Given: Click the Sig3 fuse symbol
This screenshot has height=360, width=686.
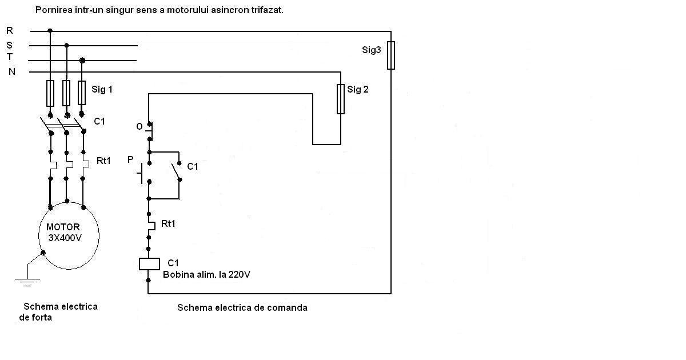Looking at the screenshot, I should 391,55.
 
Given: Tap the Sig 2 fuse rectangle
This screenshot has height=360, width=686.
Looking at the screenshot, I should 341,99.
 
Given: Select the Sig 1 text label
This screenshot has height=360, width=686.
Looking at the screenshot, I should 102,89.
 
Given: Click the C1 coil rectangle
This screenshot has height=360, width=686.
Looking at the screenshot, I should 149,263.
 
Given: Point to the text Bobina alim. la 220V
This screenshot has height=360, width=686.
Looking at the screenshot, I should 206,274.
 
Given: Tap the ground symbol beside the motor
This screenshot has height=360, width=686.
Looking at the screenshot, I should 26,280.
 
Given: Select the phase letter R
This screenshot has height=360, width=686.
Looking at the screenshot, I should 10,31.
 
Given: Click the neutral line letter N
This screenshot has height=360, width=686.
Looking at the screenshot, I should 11,71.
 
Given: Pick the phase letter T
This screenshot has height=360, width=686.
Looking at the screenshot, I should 10,57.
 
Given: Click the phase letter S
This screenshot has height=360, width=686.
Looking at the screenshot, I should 10,45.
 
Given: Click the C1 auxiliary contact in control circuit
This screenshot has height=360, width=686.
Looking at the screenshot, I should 176,169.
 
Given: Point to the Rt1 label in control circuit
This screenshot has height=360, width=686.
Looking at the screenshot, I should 168,223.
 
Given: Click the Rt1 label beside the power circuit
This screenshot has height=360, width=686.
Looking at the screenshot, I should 103,161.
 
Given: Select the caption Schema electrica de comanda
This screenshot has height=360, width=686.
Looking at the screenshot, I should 242,307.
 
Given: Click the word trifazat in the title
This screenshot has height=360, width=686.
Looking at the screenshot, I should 266,10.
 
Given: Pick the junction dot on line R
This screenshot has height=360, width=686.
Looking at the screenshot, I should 50,31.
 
